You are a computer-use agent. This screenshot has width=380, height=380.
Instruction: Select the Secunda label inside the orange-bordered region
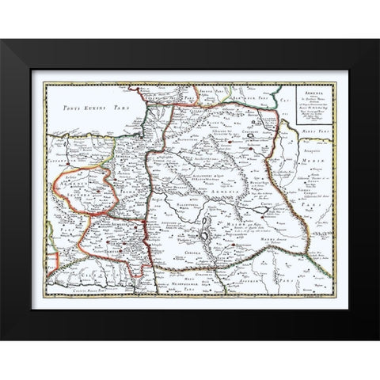coord(89,191)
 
